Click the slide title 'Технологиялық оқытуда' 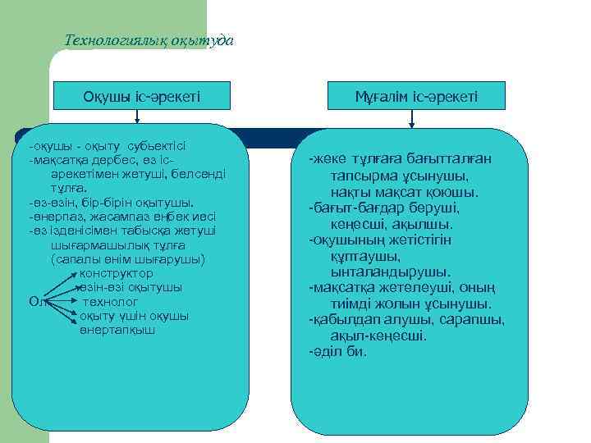[149, 40]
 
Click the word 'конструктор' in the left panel [116, 273]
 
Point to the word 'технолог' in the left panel [109, 301]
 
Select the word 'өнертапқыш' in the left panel [117, 330]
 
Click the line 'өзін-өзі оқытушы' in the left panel [130, 287]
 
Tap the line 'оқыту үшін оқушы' [135, 316]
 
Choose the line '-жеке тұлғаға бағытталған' [400, 159]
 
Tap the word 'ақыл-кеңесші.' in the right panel [378, 336]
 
